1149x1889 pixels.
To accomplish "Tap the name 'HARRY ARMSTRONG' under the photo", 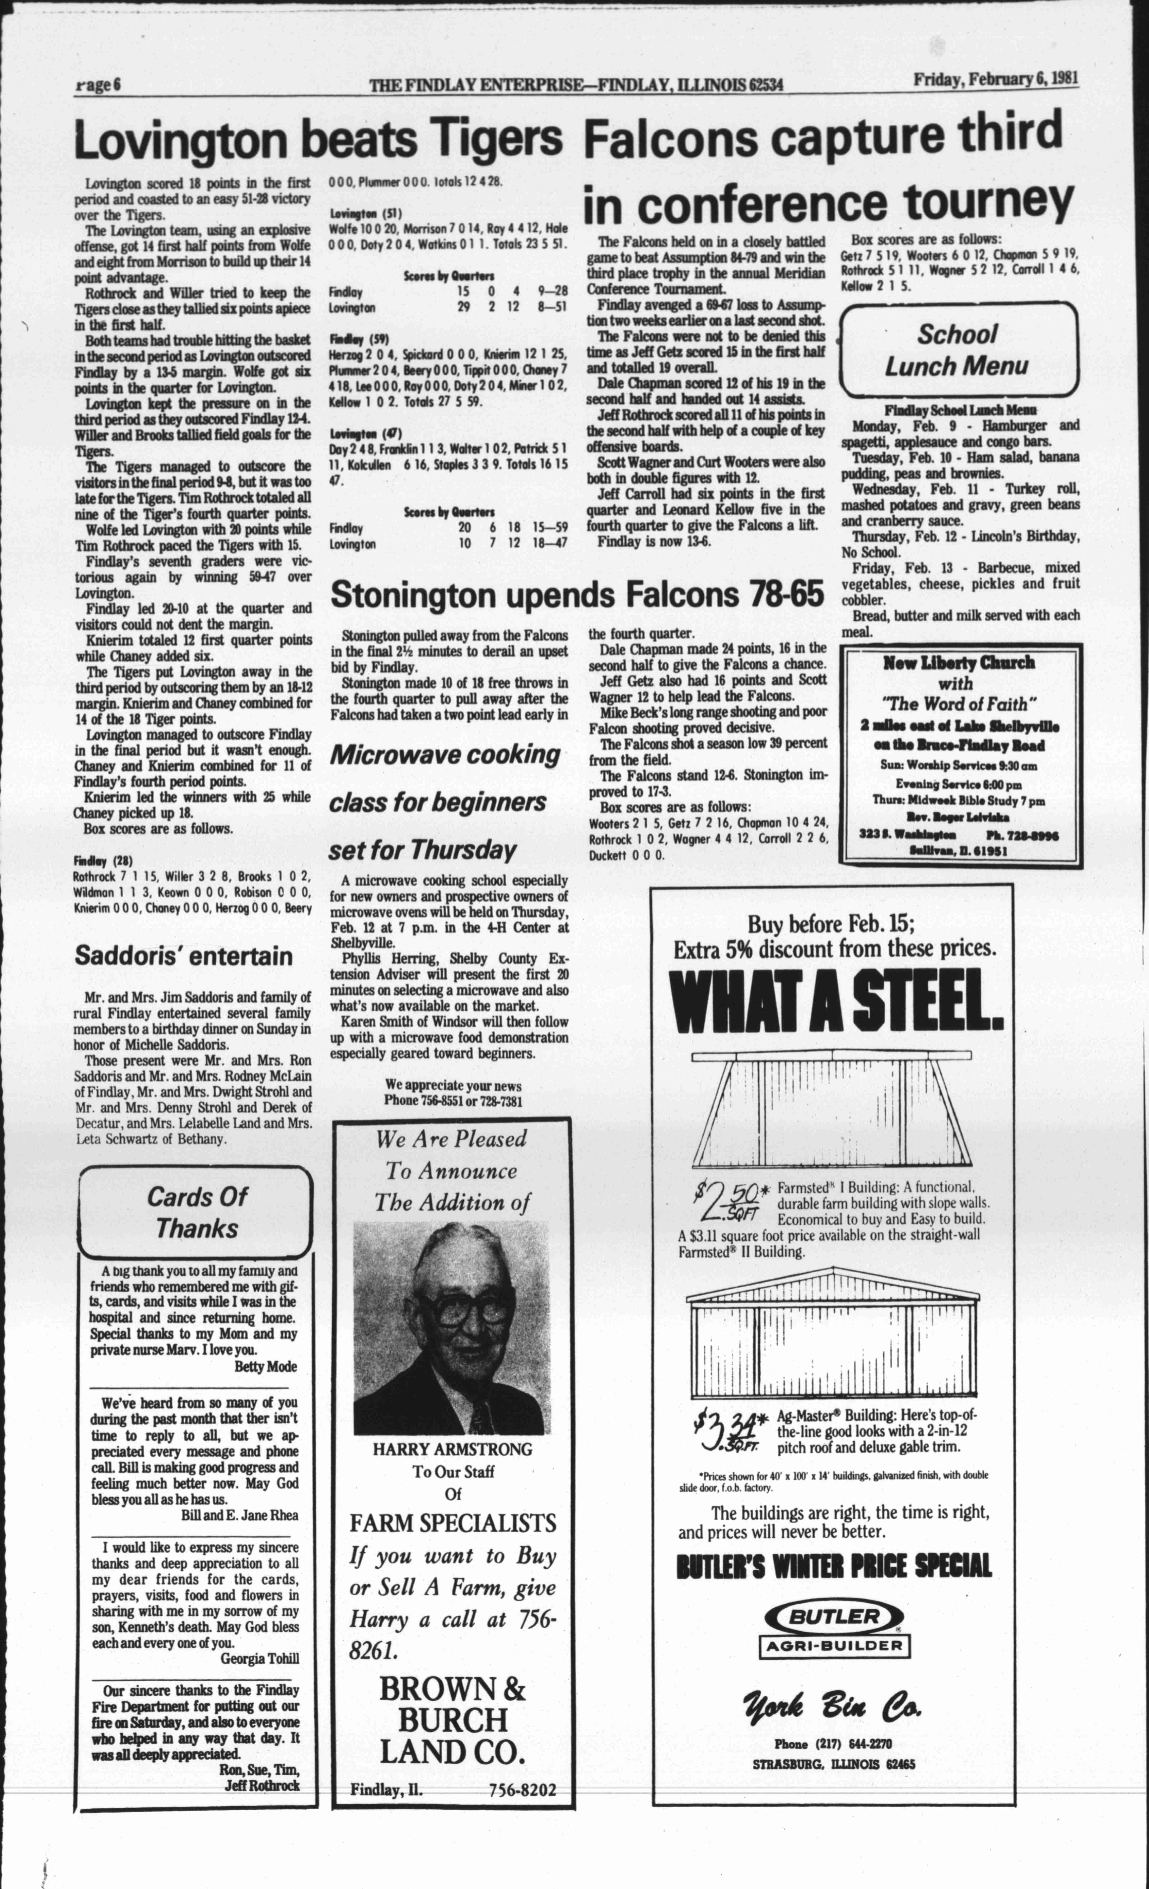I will coord(452,1449).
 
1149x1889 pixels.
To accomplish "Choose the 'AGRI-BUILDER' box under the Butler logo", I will coord(834,1645).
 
